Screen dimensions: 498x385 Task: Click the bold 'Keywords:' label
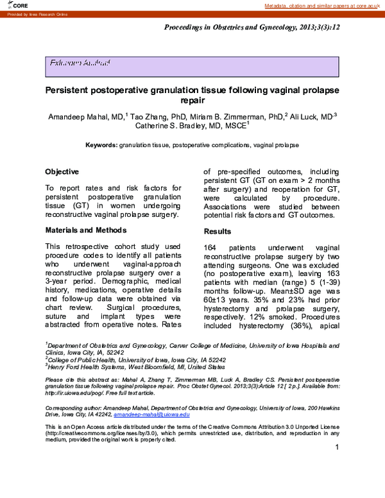[x=101, y=146]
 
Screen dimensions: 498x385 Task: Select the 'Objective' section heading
[x=62, y=172]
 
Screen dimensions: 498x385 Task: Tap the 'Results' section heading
[x=218, y=231]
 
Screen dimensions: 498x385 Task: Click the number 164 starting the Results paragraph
[x=212, y=248]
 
